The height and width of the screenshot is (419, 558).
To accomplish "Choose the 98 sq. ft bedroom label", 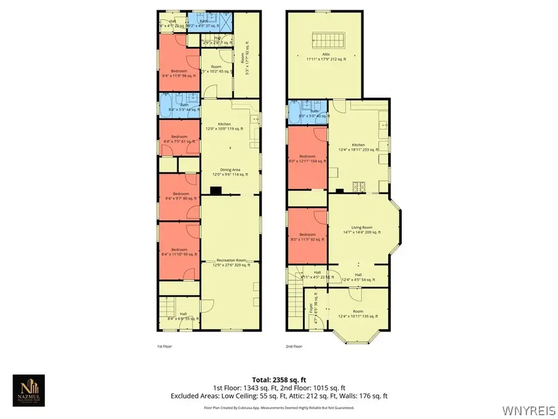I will click(x=179, y=73).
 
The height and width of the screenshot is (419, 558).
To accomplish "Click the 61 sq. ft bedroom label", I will click(x=179, y=138).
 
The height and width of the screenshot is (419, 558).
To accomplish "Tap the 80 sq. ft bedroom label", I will click(x=179, y=196).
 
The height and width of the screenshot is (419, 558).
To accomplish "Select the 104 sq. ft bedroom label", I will click(x=307, y=158).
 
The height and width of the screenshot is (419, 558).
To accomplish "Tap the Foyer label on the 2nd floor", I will click(x=311, y=309).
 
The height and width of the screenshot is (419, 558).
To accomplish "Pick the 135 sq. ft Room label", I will click(x=358, y=313).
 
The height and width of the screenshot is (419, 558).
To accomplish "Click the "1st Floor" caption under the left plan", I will click(x=164, y=346).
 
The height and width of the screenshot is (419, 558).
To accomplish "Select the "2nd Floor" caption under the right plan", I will click(x=293, y=346).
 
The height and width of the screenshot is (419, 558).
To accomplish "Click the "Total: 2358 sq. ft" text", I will click(x=279, y=379).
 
